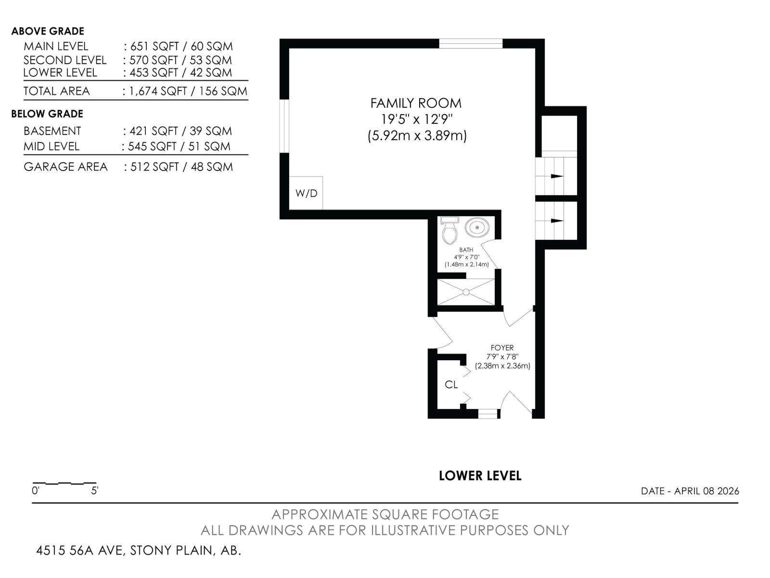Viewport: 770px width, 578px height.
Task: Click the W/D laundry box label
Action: click(306, 193)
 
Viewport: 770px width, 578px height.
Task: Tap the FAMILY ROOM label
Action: click(416, 103)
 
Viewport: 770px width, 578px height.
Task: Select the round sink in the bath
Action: click(477, 226)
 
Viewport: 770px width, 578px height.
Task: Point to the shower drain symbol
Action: click(466, 292)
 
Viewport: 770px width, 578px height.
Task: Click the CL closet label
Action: click(451, 384)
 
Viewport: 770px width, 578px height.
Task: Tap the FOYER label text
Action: click(502, 347)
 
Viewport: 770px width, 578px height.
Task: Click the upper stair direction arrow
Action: click(556, 176)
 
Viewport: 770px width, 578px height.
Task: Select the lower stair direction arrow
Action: click(556, 221)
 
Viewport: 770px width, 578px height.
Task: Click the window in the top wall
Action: click(471, 44)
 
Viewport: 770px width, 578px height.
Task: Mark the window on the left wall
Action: click(284, 126)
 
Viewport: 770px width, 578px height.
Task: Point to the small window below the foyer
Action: click(487, 414)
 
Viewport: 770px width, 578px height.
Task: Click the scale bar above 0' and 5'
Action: click(64, 483)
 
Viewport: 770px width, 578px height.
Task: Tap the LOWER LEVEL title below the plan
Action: click(480, 476)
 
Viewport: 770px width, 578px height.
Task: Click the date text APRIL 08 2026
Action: click(706, 491)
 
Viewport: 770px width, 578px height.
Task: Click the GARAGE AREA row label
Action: click(65, 167)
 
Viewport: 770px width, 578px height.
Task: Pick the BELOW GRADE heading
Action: click(47, 114)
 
